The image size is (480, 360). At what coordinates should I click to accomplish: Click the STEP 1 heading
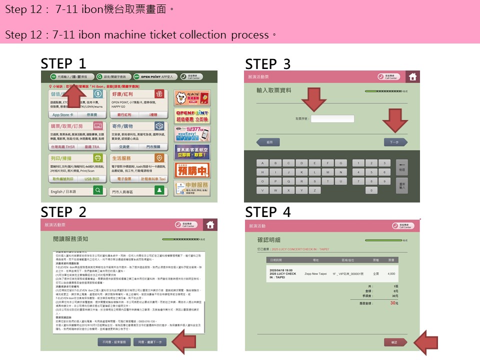point(63,63)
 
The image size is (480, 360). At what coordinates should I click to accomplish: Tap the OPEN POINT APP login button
point(155,76)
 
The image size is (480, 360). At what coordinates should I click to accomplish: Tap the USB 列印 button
point(91,178)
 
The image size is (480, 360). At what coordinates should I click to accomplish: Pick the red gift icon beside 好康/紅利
point(159,94)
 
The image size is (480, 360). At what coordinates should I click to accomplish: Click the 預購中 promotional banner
point(192,170)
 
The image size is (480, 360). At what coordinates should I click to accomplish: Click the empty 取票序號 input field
point(332,119)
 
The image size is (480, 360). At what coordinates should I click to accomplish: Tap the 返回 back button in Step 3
point(270,142)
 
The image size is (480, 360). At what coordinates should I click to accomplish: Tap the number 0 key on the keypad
point(370,190)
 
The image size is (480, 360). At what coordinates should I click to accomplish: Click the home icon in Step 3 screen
point(412,77)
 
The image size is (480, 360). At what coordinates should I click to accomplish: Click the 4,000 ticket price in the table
point(391,274)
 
